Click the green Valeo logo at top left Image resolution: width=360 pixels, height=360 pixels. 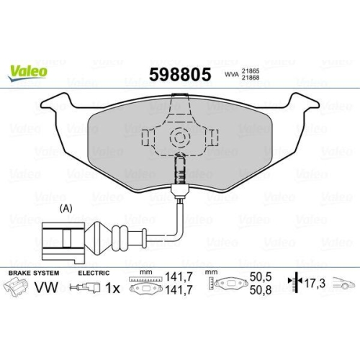[29, 71]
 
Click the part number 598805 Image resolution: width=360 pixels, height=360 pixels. [179, 75]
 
